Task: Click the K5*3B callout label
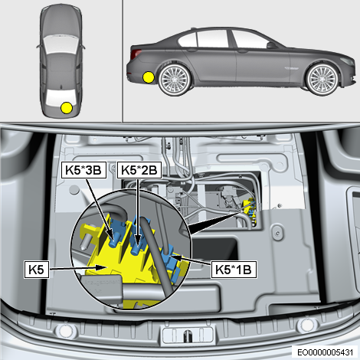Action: (x=83, y=170)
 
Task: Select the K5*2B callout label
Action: (x=139, y=170)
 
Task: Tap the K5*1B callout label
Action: (x=234, y=270)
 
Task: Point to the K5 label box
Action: (x=37, y=270)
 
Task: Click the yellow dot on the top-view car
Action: (x=67, y=108)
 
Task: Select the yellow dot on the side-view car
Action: (x=149, y=77)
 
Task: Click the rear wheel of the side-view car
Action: (x=175, y=79)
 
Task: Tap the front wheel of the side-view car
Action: (x=322, y=79)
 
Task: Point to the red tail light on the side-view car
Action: (x=136, y=54)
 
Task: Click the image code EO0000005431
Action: (x=325, y=352)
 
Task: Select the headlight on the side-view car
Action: (x=348, y=61)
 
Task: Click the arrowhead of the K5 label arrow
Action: (x=103, y=267)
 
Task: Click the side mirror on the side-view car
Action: (x=271, y=45)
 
